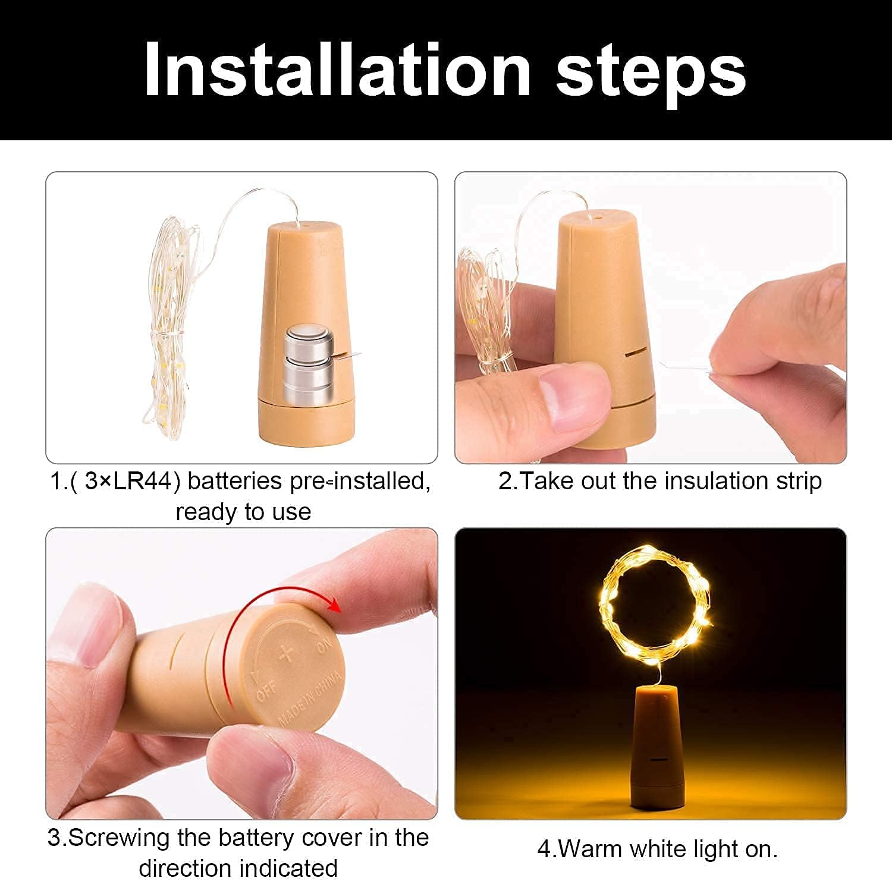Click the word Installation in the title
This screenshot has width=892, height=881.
point(337,70)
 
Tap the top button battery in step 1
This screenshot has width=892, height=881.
point(306,341)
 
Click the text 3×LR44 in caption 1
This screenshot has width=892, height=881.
point(128,481)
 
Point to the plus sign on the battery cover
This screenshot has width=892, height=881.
point(287,653)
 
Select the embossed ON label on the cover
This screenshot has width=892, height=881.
point(324,643)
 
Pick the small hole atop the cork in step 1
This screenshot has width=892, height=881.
point(304,226)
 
